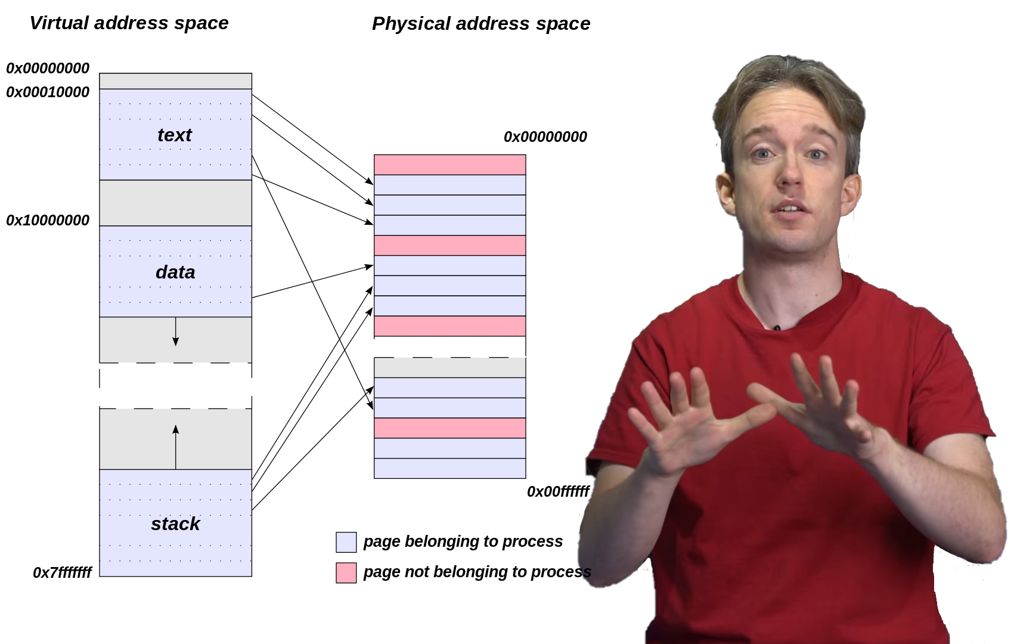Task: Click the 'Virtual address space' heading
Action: [129, 23]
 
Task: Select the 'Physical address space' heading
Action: [481, 24]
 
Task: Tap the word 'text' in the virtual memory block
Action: [175, 135]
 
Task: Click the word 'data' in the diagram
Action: [175, 273]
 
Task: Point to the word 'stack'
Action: [175, 524]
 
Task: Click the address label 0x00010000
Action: [48, 92]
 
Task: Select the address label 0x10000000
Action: [48, 221]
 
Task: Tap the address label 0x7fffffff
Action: [62, 573]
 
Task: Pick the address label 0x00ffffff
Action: [558, 492]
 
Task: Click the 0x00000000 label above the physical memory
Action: [545, 137]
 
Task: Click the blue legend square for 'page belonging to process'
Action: [346, 542]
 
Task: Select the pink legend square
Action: [346, 572]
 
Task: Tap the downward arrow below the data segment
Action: [175, 332]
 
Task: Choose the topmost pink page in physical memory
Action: [449, 165]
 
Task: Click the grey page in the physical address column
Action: [449, 368]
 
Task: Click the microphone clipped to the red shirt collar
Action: [777, 328]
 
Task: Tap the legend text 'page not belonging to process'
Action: [477, 572]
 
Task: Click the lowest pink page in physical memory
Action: [449, 428]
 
